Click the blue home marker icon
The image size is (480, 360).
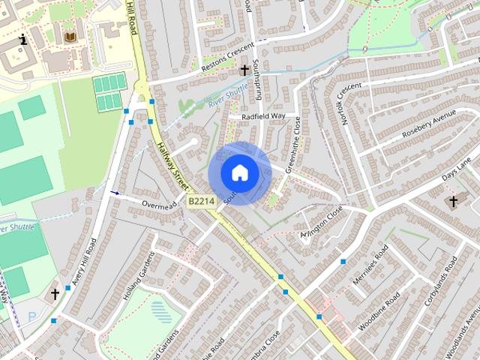coord(239,172)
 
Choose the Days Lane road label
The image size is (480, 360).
coord(456,169)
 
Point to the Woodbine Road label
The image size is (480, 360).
coord(379,308)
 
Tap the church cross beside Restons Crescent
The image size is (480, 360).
coord(244,70)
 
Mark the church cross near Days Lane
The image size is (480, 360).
coord(452,201)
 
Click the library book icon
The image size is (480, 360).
coord(70,37)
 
